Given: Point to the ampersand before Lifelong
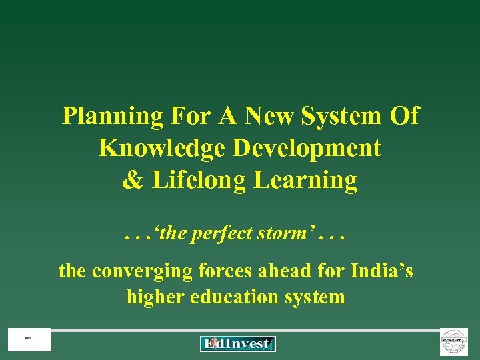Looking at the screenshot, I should click(x=131, y=180).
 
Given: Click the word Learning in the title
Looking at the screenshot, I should click(x=303, y=180).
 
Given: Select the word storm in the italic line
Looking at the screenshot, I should click(x=280, y=234).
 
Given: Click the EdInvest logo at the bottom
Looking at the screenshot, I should click(x=238, y=344).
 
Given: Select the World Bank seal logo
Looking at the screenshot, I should click(x=454, y=342).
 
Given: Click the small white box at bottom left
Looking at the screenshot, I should click(x=29, y=340).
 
